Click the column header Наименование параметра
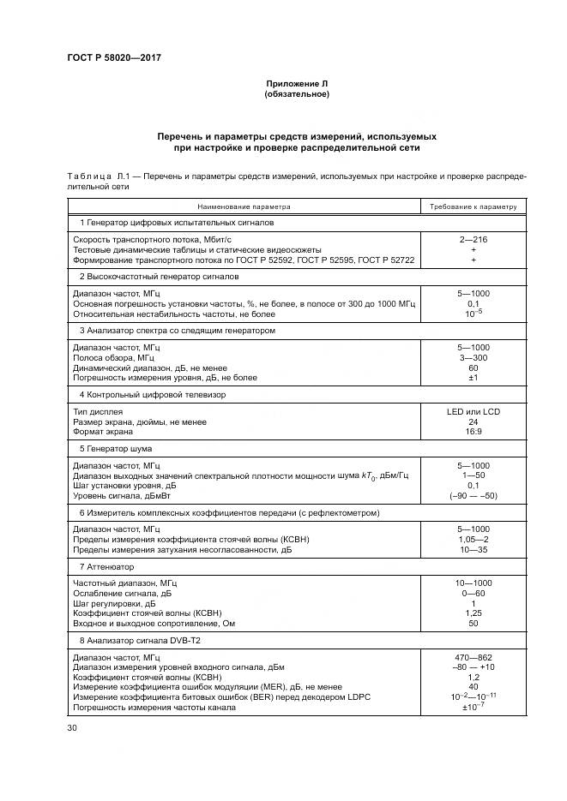(x=244, y=206)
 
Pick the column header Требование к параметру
(x=473, y=206)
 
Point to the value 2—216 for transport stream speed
(x=473, y=240)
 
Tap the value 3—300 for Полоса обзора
(x=473, y=357)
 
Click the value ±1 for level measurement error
(x=473, y=377)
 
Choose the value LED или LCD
(x=473, y=412)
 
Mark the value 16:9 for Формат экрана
(x=473, y=432)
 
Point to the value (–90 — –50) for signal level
(x=473, y=495)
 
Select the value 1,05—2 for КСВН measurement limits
(x=473, y=540)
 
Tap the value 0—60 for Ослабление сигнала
(x=473, y=593)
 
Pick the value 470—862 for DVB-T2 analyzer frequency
(x=473, y=657)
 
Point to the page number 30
(x=72, y=728)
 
